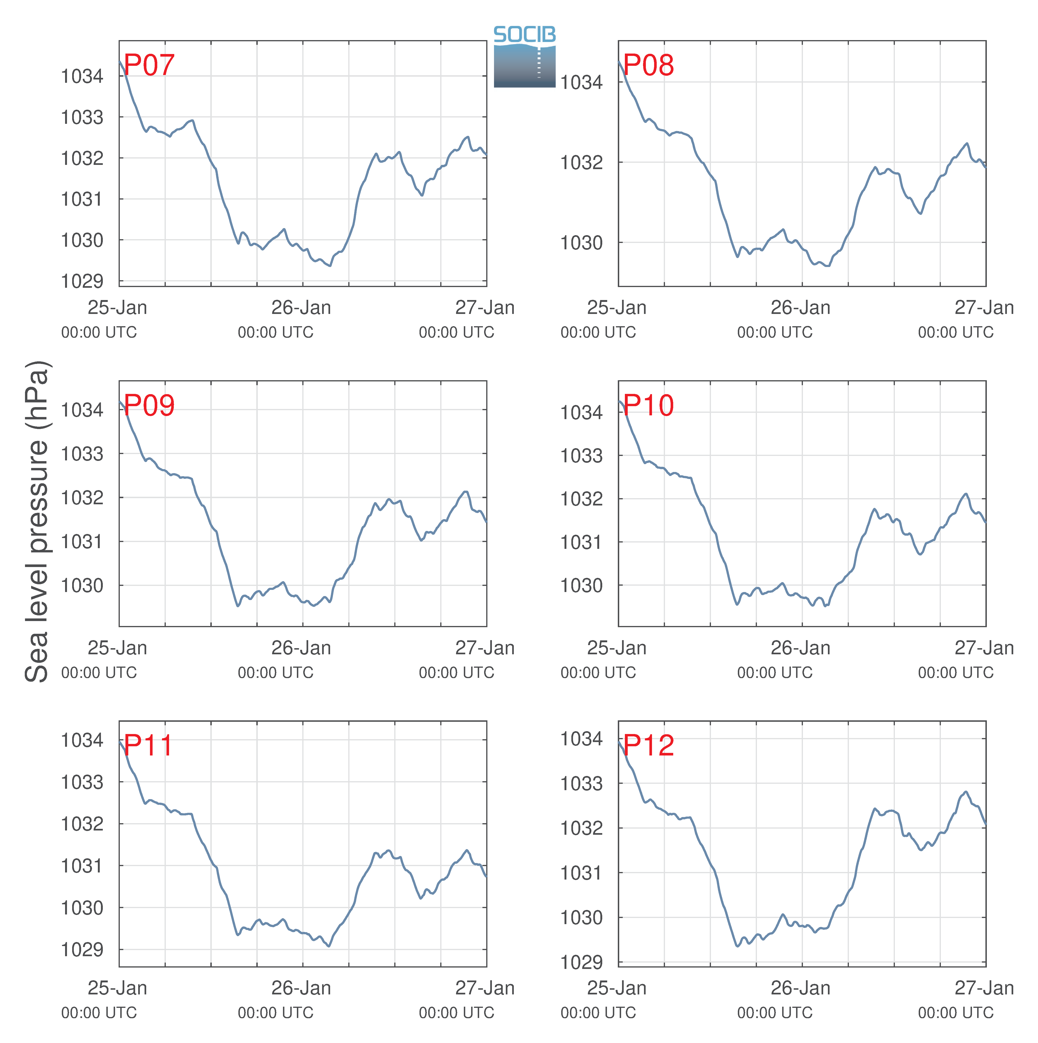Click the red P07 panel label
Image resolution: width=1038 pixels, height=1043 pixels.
click(149, 65)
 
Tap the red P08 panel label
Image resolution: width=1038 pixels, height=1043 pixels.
click(648, 65)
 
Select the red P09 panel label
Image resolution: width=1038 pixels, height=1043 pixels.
click(149, 405)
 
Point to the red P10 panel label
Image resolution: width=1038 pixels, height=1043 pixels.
click(648, 405)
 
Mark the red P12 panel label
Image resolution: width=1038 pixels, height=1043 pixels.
click(648, 746)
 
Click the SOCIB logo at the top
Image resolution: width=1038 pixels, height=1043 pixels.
click(525, 57)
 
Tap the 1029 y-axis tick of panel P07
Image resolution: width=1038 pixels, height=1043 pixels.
click(82, 281)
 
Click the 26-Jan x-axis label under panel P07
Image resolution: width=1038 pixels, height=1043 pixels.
click(301, 308)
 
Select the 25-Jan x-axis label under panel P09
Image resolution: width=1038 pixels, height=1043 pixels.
click(117, 648)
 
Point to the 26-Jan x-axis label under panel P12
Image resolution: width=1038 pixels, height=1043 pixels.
click(801, 988)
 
